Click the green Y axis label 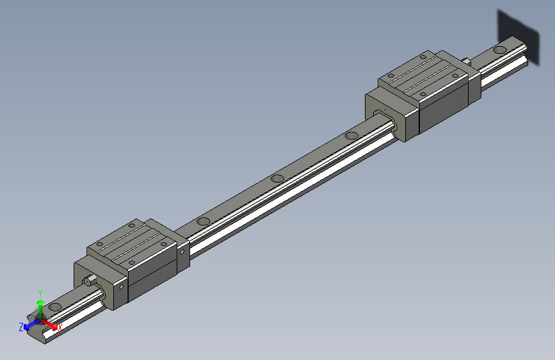pyautogui.click(x=40, y=291)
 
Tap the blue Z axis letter pyautogui.click(x=21, y=327)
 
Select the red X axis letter pyautogui.click(x=60, y=327)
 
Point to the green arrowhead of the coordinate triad pyautogui.click(x=40, y=301)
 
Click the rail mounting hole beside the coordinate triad pyautogui.click(x=56, y=307)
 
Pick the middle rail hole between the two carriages pyautogui.click(x=277, y=178)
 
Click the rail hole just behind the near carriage pyautogui.click(x=203, y=221)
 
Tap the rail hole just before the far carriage pyautogui.click(x=351, y=135)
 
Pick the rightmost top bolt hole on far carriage pyautogui.click(x=455, y=75)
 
